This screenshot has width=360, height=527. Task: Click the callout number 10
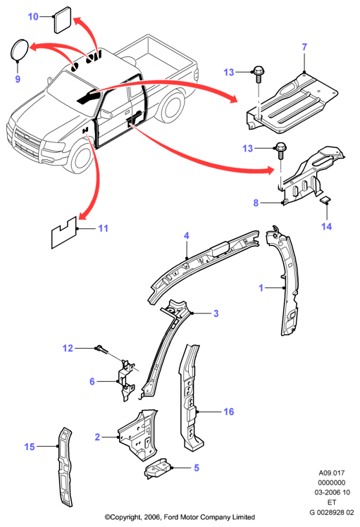[33, 16]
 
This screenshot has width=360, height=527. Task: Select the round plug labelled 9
[20, 50]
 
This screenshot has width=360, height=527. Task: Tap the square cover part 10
[63, 20]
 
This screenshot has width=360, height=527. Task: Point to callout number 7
[304, 46]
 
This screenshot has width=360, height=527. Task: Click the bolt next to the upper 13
[258, 74]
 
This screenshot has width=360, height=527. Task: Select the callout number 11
[103, 228]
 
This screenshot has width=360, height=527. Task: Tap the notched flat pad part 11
[64, 232]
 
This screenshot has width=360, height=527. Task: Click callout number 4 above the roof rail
[187, 235]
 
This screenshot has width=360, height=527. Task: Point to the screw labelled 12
[103, 349]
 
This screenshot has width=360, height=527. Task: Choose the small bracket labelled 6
[126, 380]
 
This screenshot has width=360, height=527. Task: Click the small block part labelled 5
[157, 468]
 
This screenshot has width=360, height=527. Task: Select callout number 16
[228, 411]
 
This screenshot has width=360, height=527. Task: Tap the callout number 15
[30, 447]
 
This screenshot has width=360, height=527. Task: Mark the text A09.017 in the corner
[332, 473]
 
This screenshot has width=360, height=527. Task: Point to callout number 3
[216, 314]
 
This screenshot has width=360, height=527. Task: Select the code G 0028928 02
[332, 512]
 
